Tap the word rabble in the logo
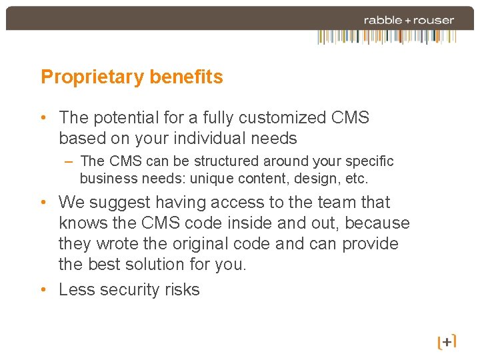pos(383,20)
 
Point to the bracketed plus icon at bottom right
pos(447,342)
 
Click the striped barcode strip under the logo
pos(386,37)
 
